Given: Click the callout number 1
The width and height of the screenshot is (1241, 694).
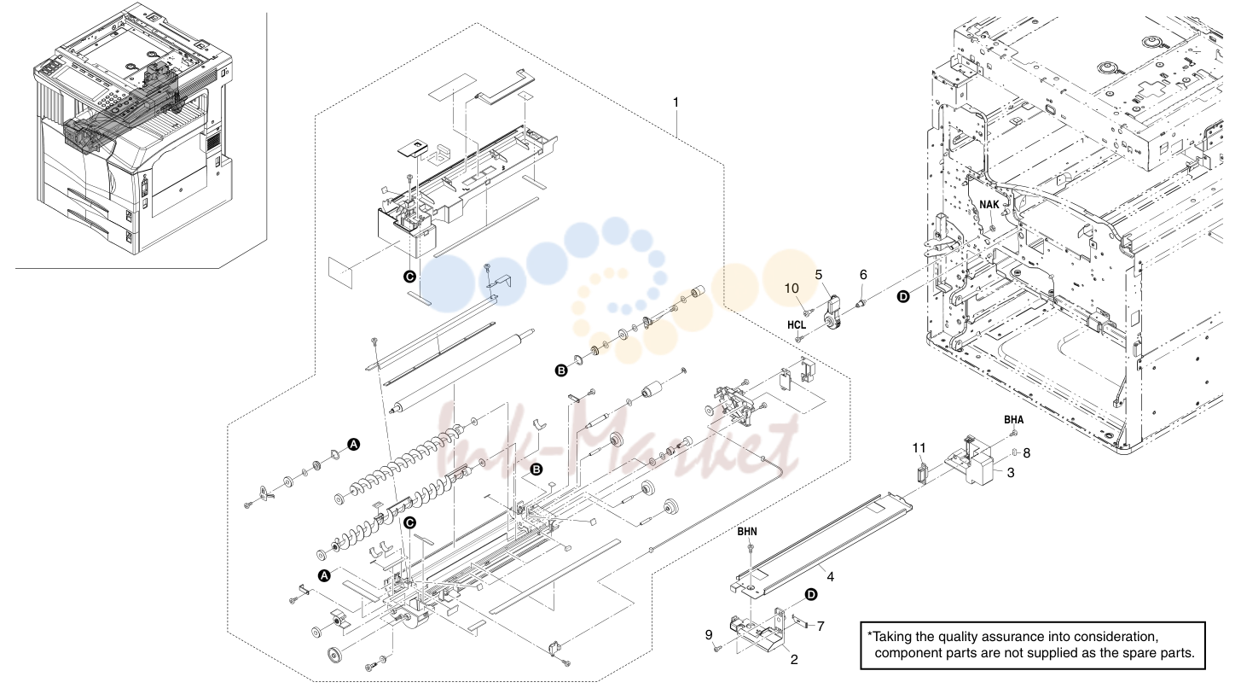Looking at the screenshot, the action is pos(676,102).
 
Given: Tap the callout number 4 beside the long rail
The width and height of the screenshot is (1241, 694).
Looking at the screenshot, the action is pos(831,577).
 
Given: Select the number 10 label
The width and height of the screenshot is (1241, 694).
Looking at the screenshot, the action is pos(792,289).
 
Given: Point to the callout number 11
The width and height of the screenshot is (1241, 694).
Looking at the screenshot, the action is pos(919,447).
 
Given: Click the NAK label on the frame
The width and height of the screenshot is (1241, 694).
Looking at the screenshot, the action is pos(989,205).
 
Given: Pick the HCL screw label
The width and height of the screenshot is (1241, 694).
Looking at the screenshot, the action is pos(797,325).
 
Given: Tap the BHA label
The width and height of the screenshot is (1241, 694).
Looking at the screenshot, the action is pos(1014,420).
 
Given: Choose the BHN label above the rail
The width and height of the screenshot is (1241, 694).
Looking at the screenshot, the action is pos(747,532).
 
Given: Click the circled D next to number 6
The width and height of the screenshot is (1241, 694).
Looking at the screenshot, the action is pos(903,297).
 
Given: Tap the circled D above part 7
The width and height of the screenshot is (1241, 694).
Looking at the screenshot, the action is pos(810,595).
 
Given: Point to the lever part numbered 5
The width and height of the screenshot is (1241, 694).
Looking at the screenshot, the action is pos(832,313).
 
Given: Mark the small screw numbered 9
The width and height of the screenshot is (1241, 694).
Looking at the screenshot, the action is pos(717,649).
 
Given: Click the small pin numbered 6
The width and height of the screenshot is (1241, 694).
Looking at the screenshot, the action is pos(861,303).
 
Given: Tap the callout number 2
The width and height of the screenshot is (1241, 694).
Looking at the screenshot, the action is pos(794,660).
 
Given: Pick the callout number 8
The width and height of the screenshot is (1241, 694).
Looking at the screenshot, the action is pos(1026,453).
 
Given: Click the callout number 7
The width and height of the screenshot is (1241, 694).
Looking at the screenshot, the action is pos(821,627).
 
